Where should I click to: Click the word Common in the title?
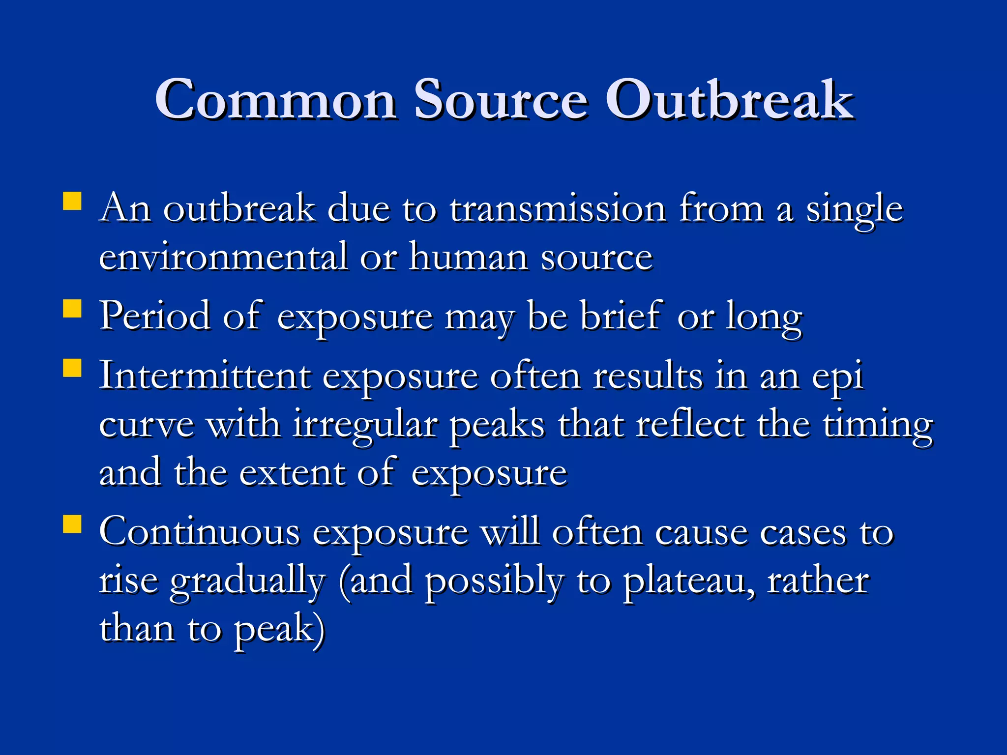pos(276,100)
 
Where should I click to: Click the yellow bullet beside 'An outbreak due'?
pos(72,202)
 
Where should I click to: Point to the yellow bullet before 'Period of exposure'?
pos(72,310)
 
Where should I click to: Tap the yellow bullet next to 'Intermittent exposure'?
pos(72,368)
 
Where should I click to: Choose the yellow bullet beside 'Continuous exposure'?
pos(72,524)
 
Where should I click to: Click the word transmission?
pos(558,209)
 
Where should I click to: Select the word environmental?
pos(223,257)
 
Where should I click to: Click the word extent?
pos(293,473)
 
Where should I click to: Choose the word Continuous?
pos(200,532)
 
